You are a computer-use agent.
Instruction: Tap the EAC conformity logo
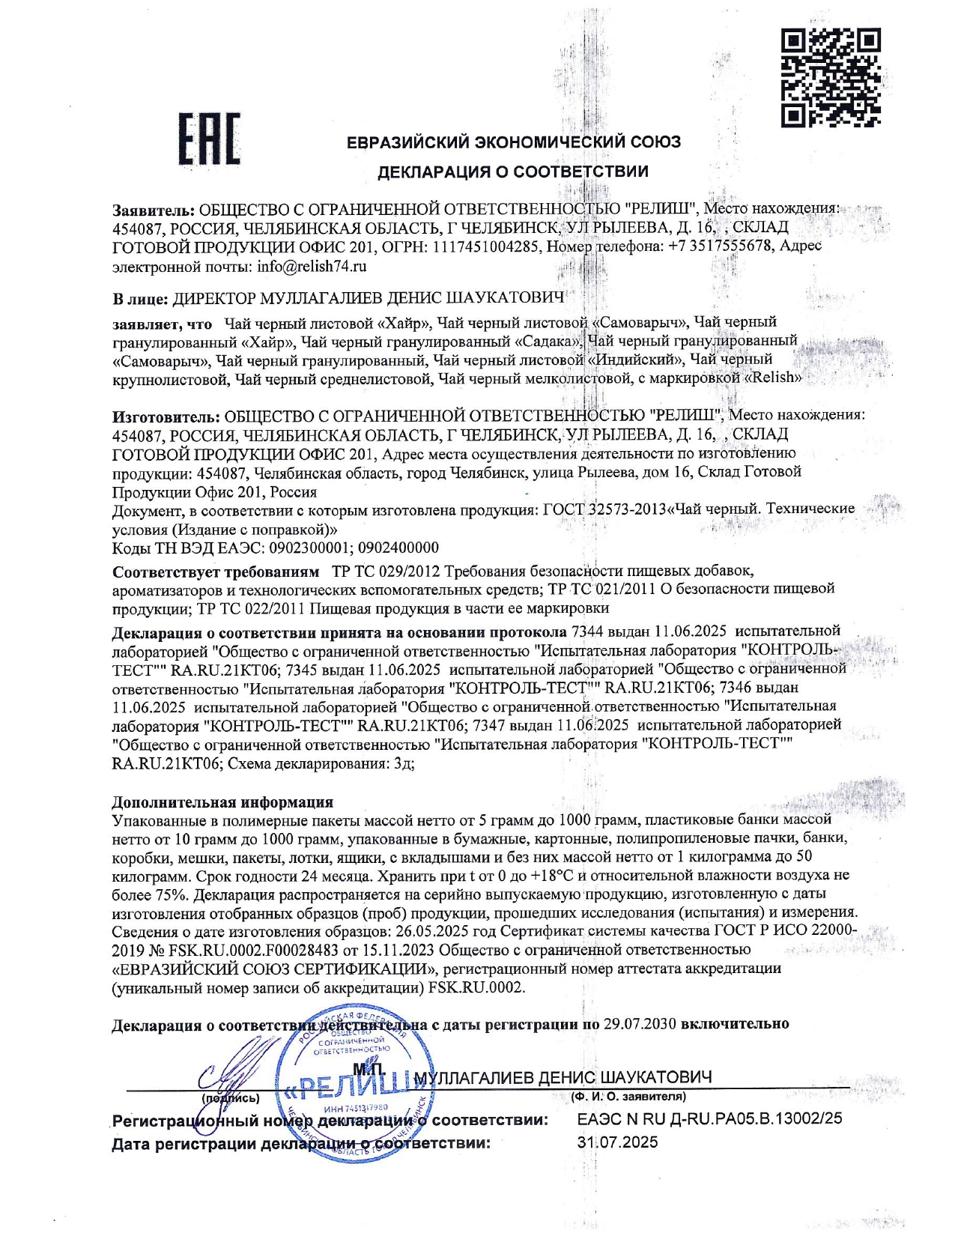pyautogui.click(x=209, y=139)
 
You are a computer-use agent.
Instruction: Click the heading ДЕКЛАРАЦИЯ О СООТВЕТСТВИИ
pyautogui.click(x=512, y=172)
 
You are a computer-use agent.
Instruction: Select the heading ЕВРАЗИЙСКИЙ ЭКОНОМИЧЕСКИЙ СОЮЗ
pyautogui.click(x=514, y=142)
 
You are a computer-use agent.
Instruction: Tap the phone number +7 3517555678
pyautogui.click(x=720, y=246)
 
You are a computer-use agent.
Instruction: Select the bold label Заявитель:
pyautogui.click(x=154, y=209)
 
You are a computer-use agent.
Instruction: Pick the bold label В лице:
pyautogui.click(x=140, y=299)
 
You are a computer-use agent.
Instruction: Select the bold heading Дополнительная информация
pyautogui.click(x=222, y=802)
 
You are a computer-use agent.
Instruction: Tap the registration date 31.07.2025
pyautogui.click(x=618, y=1142)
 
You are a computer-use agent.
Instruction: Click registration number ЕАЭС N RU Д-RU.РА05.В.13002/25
pyautogui.click(x=709, y=1119)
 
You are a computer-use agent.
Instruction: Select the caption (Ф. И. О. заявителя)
pyautogui.click(x=628, y=1097)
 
